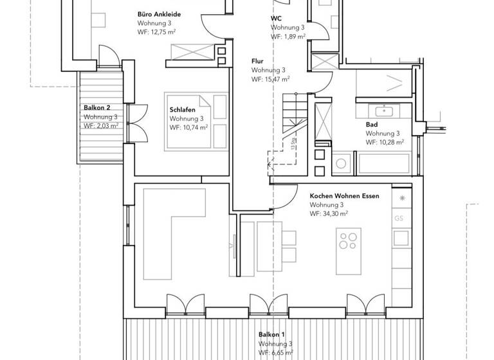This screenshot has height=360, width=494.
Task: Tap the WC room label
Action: (276, 19)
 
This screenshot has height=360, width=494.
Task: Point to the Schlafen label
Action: (182, 110)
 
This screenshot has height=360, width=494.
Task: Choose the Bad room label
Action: (371, 123)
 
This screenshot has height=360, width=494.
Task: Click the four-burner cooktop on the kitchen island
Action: (348, 241)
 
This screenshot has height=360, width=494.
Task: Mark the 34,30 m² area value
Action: (329, 213)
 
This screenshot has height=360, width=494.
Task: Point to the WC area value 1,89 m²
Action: (287, 37)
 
